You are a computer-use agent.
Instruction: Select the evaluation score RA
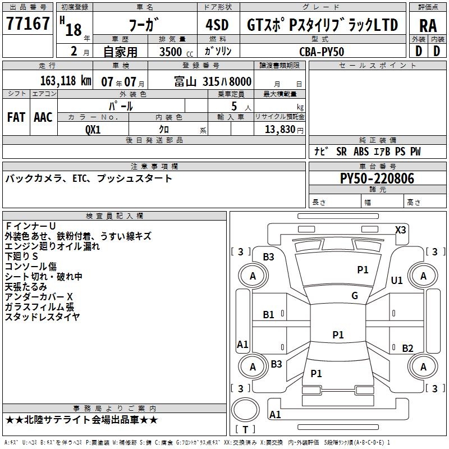pos(428,25)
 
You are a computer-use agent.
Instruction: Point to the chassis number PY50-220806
pos(377,179)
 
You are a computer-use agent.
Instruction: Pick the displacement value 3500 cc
pos(172,52)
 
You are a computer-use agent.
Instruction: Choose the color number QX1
pos(93,129)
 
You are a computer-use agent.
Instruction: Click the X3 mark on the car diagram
pos(401,230)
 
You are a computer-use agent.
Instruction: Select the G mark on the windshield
pos(355,296)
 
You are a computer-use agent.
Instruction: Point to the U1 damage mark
pos(397,280)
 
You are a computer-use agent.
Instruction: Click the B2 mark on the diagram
pos(408,348)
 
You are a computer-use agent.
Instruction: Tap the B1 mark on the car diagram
pos(269,315)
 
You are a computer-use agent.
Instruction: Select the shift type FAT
pos(16,117)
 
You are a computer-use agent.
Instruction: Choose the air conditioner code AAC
pos(43,117)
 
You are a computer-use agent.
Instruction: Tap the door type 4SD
pos(217,25)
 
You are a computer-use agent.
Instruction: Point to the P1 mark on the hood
pos(363,270)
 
